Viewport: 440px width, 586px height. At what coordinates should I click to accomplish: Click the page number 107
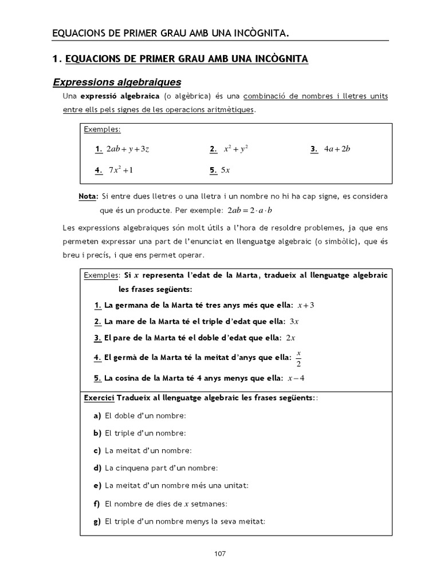pyautogui.click(x=220, y=553)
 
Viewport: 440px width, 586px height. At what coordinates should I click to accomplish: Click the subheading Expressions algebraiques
pyautogui.click(x=117, y=82)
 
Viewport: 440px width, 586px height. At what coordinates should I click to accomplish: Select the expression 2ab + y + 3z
pyautogui.click(x=128, y=149)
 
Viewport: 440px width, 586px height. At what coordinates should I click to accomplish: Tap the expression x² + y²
pyautogui.click(x=235, y=149)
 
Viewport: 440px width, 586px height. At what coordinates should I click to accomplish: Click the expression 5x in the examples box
pyautogui.click(x=225, y=170)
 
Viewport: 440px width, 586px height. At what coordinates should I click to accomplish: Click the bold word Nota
pyautogui.click(x=88, y=196)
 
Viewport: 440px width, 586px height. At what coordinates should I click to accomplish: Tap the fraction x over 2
pyautogui.click(x=298, y=358)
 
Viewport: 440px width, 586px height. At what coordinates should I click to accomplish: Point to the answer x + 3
pyautogui.click(x=306, y=305)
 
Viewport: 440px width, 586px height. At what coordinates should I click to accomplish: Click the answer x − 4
pyautogui.click(x=297, y=378)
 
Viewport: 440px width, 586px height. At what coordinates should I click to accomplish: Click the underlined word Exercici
pyautogui.click(x=100, y=397)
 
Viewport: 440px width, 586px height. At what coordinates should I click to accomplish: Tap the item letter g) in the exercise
pyautogui.click(x=97, y=521)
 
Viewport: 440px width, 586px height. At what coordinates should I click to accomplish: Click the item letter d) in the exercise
pyautogui.click(x=97, y=468)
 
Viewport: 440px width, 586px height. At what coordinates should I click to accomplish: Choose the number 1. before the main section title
pyautogui.click(x=56, y=59)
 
